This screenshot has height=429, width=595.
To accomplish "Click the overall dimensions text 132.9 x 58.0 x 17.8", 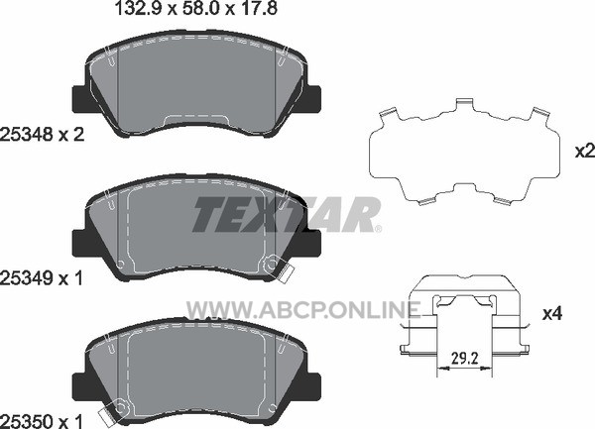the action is coord(195,8).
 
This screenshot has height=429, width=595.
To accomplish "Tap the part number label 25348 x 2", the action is coord(42,135).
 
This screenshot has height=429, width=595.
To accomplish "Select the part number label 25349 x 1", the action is coord(42,279).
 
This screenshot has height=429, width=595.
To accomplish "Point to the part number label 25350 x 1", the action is coord(42,421).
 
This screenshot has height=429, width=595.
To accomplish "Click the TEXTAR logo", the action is coord(287,214).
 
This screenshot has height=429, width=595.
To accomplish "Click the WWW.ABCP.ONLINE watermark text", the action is coord(303,309).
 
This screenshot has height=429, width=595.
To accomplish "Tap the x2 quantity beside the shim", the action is coord(585,152).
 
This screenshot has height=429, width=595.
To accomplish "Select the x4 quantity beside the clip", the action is coord(552,314).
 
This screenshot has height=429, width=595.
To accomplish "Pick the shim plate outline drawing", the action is coord(465,152).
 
